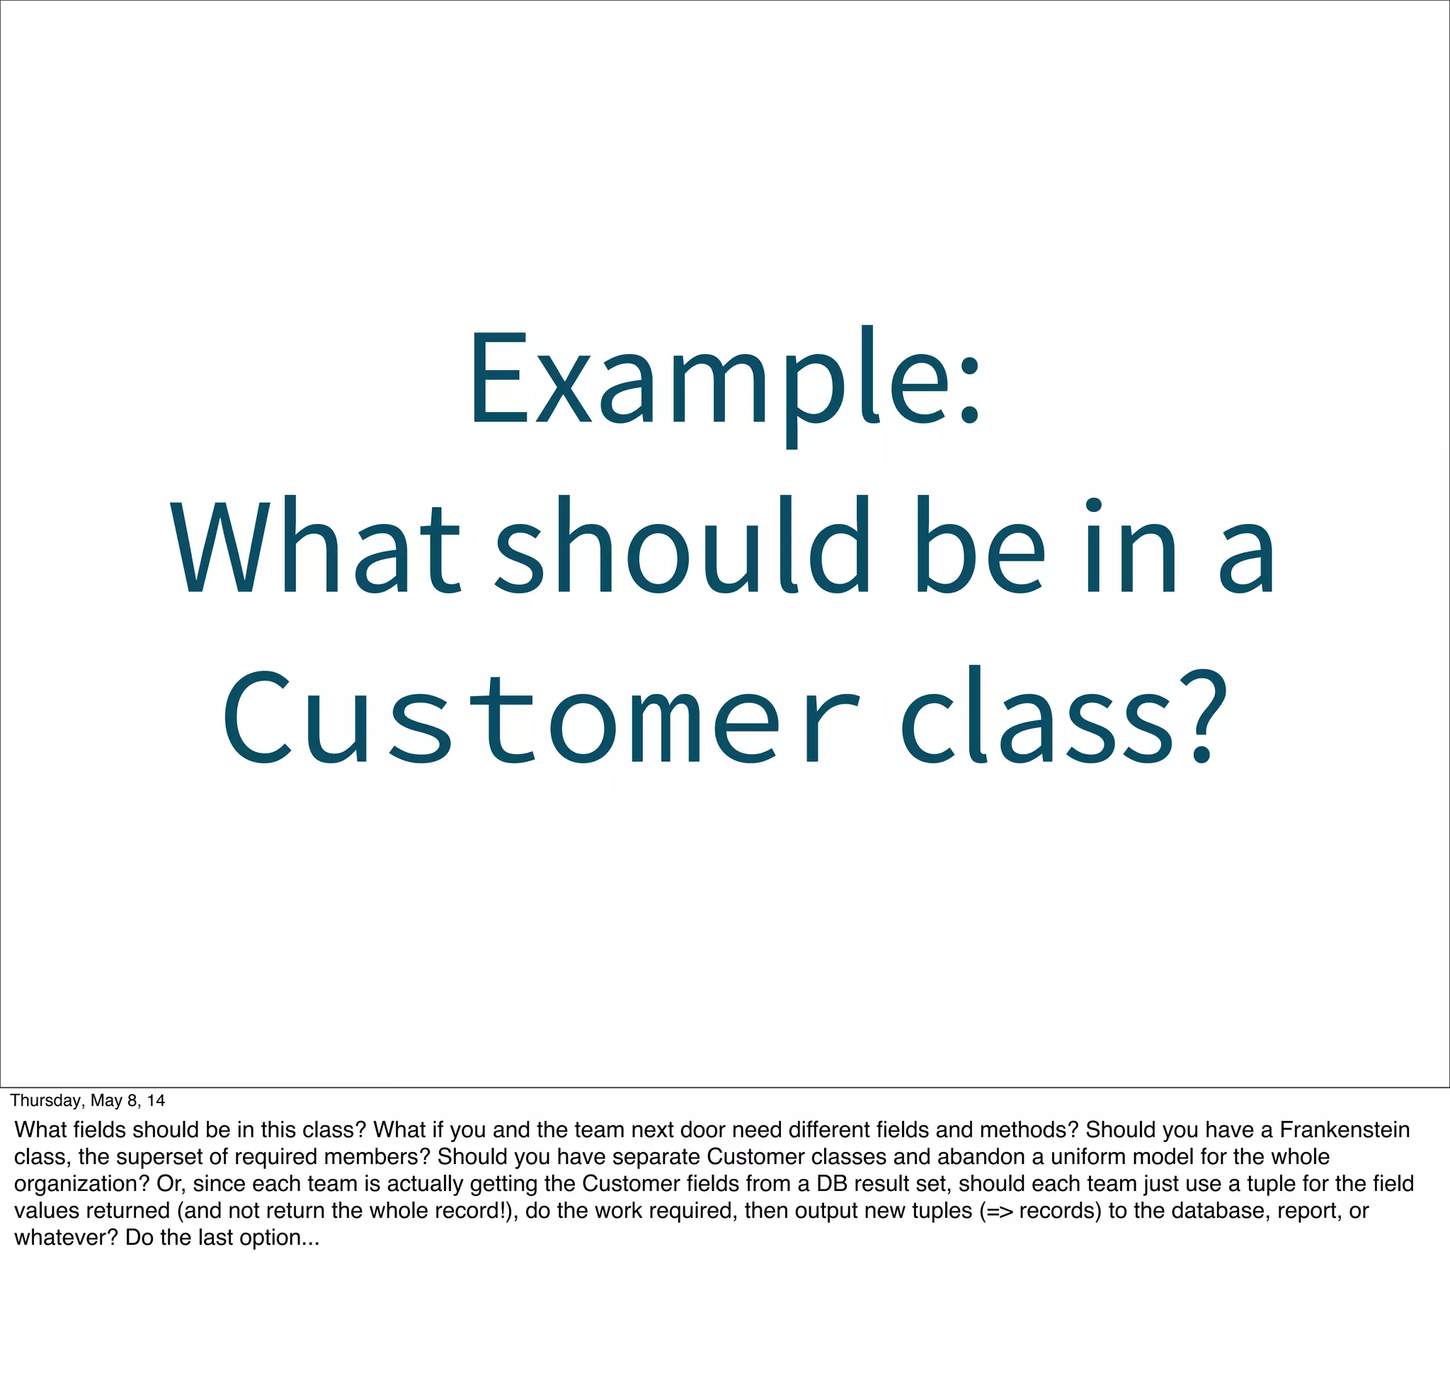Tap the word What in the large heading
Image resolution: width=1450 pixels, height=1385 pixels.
(314, 547)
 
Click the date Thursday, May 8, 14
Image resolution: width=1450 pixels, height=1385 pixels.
(88, 1101)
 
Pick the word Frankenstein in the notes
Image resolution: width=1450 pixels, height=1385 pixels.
(1344, 1129)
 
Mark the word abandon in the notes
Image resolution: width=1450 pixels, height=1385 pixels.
(981, 1156)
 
